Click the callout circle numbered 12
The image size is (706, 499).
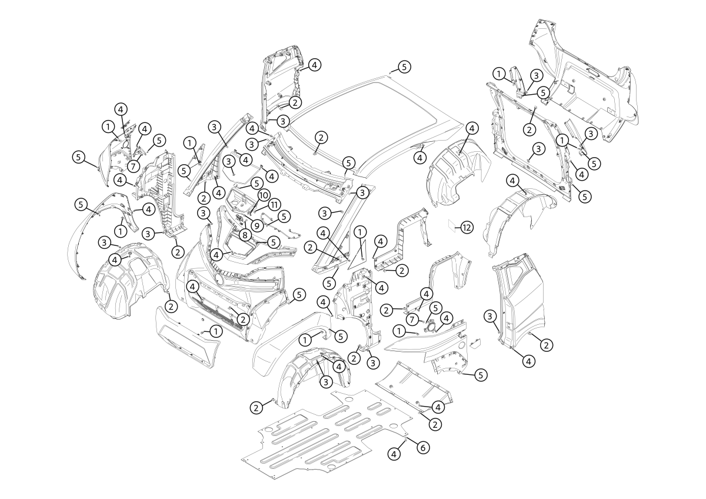pyautogui.click(x=467, y=227)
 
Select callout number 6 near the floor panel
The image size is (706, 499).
pyautogui.click(x=422, y=447)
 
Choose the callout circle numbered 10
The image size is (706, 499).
pyautogui.click(x=263, y=195)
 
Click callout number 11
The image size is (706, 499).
pyautogui.click(x=274, y=204)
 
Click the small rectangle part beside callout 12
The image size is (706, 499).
pyautogui.click(x=452, y=224)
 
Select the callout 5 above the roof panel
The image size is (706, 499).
pyautogui.click(x=404, y=66)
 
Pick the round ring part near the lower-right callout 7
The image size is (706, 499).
pyautogui.click(x=431, y=325)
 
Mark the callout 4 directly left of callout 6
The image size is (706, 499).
pyautogui.click(x=394, y=454)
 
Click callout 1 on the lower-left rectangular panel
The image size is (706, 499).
pyautogui.click(x=217, y=332)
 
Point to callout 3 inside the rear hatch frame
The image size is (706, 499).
pyautogui.click(x=537, y=149)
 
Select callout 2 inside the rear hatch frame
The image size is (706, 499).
pyautogui.click(x=529, y=129)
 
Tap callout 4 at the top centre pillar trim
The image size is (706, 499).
pyautogui.click(x=315, y=65)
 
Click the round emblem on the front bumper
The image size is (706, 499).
pyautogui.click(x=219, y=279)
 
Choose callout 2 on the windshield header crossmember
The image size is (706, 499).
pyautogui.click(x=321, y=137)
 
